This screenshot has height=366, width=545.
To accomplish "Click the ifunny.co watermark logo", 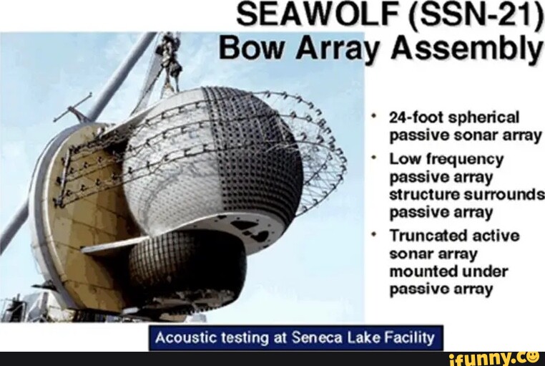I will [494, 357].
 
